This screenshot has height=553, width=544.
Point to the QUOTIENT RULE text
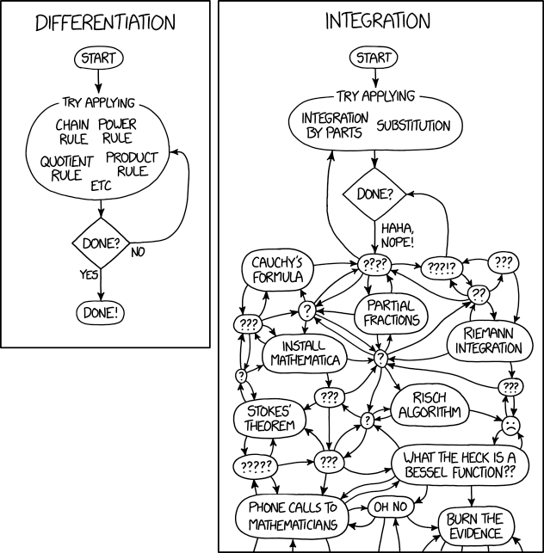66,169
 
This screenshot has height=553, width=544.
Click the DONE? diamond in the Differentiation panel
101,243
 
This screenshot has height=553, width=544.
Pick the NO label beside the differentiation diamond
137,253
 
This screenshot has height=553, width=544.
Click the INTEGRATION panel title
377,21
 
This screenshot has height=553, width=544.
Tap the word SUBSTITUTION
413,126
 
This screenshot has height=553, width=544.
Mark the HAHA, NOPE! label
399,234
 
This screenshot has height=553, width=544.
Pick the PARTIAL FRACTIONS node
391,312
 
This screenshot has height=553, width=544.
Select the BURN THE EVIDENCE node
473,526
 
